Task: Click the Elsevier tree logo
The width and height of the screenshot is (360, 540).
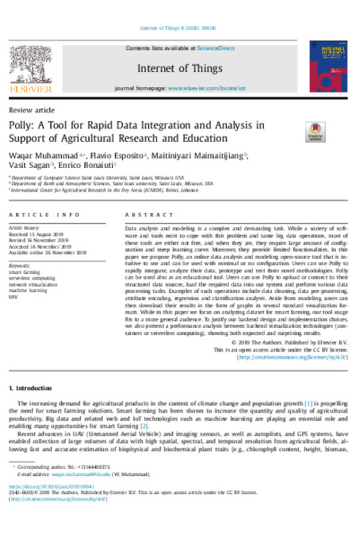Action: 30,65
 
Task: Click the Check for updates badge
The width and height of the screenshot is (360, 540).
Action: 315,131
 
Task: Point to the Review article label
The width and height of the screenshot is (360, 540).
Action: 32,110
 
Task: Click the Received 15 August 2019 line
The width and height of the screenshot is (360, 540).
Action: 35,234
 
